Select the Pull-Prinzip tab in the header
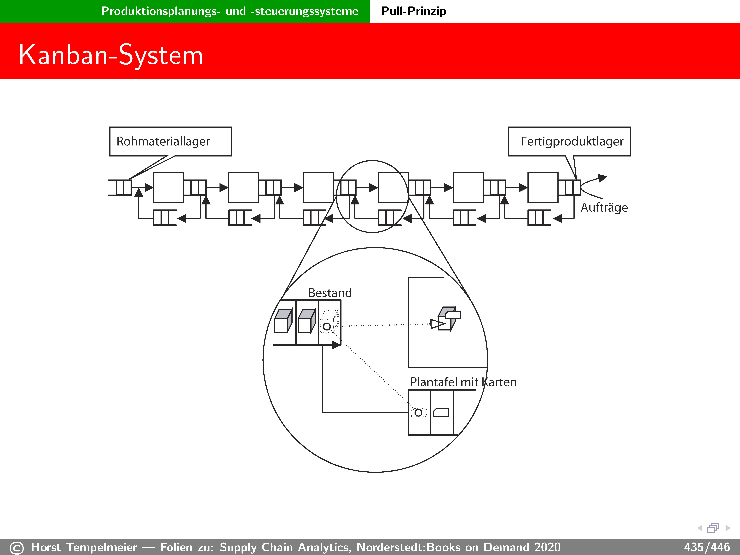point(413,11)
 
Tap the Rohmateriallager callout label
point(163,141)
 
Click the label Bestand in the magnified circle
point(330,293)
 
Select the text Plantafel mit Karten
point(463,382)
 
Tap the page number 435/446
point(707,547)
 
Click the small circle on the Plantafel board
point(418,413)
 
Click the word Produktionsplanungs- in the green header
point(161,11)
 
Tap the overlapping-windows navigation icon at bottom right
point(713,528)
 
